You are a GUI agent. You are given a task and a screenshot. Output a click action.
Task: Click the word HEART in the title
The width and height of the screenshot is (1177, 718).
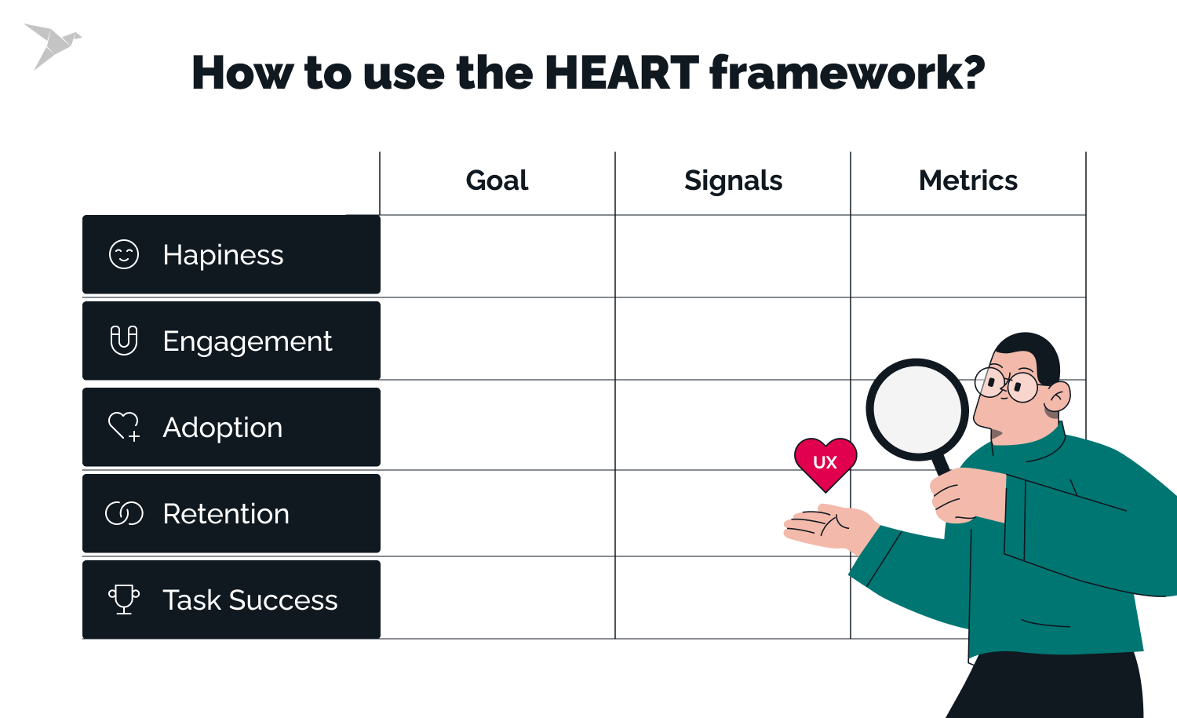point(621,73)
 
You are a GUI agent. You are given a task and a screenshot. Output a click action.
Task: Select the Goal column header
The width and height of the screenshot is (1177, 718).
point(497,180)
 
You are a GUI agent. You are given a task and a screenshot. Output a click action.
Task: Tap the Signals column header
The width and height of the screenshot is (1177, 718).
point(733,180)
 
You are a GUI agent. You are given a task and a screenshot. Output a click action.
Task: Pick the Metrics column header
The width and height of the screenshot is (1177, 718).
point(967,180)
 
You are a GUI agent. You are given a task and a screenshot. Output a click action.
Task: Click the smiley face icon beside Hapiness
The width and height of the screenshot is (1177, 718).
point(124,254)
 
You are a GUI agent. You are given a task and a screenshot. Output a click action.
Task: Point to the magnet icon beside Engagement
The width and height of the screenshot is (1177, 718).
point(124,341)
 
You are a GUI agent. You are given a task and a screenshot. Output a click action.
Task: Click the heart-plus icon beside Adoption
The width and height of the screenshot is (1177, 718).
point(124,427)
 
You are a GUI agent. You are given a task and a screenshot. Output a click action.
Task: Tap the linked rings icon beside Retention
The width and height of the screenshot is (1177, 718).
point(124,513)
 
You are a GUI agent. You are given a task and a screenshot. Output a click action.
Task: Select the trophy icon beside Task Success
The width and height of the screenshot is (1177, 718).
point(124,600)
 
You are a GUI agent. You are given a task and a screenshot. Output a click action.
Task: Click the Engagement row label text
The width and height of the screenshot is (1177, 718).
point(247,341)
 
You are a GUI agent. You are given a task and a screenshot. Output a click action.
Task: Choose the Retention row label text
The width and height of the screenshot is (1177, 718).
point(226,514)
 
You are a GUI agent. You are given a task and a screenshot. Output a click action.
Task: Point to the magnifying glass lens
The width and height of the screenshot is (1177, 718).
point(917,409)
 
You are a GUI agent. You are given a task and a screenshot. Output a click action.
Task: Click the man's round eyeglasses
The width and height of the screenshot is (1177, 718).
point(1008,385)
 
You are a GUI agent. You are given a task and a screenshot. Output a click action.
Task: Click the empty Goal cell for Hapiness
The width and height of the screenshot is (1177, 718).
point(497,256)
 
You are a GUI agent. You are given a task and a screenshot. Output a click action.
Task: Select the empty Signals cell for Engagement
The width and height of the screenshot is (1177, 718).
point(733,339)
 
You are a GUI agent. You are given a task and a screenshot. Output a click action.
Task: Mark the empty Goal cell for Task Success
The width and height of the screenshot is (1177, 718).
point(497,598)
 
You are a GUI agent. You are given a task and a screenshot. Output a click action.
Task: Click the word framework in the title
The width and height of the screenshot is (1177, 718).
point(847,73)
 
